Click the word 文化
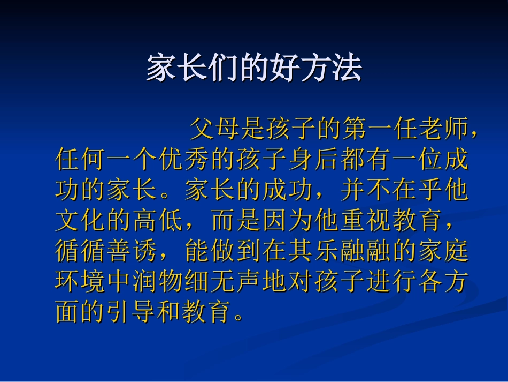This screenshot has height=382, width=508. coord(81,220)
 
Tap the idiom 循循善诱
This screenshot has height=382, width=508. coord(107,250)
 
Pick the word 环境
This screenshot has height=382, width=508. coord(81,281)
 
